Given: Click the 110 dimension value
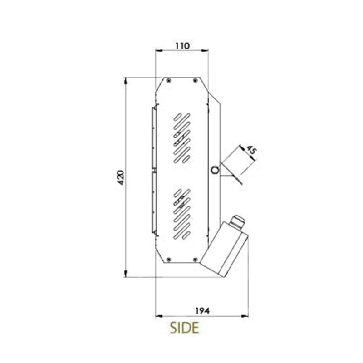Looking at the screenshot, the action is pyautogui.click(x=182, y=46).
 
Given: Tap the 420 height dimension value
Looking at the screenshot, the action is pyautogui.click(x=121, y=177).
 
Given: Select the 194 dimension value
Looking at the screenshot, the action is pyautogui.click(x=202, y=311).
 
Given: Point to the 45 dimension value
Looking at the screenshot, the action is pyautogui.click(x=251, y=151).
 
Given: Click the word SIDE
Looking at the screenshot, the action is pyautogui.click(x=184, y=328).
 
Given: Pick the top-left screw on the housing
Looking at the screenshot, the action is pyautogui.click(x=169, y=81).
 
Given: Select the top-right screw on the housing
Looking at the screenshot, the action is pyautogui.click(x=195, y=81).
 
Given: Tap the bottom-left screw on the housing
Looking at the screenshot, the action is pyautogui.click(x=169, y=260).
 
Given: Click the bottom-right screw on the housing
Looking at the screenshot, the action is pyautogui.click(x=195, y=260).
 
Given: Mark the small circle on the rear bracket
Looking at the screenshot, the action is pyautogui.click(x=215, y=170).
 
